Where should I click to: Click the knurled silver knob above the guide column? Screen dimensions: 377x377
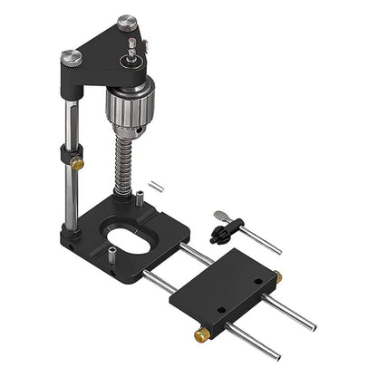click(x=72, y=57)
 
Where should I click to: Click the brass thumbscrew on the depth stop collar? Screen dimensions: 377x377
click(x=79, y=164)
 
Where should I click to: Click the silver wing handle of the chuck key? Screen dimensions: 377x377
click(x=220, y=217)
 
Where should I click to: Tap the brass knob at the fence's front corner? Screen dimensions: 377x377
click(x=200, y=334)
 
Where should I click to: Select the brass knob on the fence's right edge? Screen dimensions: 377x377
click(x=276, y=275)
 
